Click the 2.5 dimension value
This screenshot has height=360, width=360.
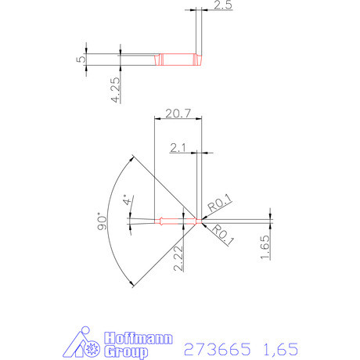click(221, 5)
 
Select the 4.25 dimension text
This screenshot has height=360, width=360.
click(115, 88)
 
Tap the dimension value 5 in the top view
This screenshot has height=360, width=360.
click(81, 61)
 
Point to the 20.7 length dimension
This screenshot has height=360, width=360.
click(178, 114)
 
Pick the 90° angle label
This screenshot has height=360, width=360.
click(100, 221)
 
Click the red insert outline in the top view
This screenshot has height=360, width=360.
click(178, 59)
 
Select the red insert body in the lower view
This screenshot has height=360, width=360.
click(177, 221)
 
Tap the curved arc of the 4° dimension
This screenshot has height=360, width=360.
click(131, 221)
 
